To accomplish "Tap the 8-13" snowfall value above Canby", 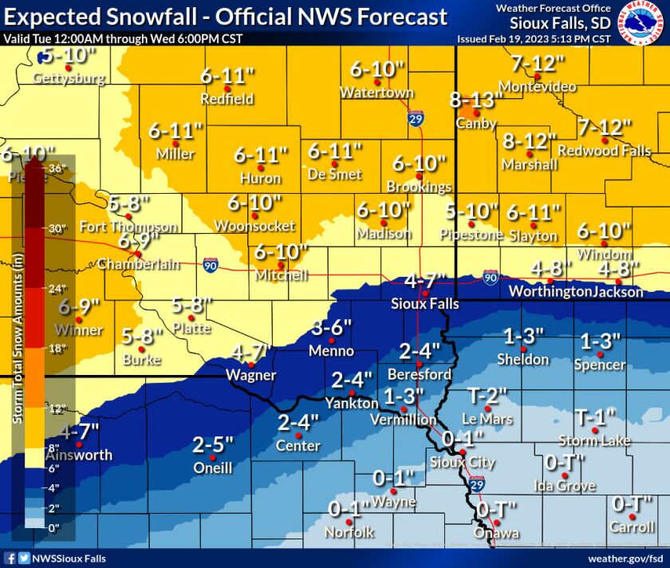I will click(476, 101).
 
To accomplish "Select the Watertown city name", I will click(376, 93).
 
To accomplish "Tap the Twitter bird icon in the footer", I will click(24, 558).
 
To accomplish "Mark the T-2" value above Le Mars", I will click(486, 395).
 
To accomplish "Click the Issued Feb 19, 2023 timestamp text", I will click(534, 38).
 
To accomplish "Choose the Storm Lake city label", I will click(594, 440).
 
